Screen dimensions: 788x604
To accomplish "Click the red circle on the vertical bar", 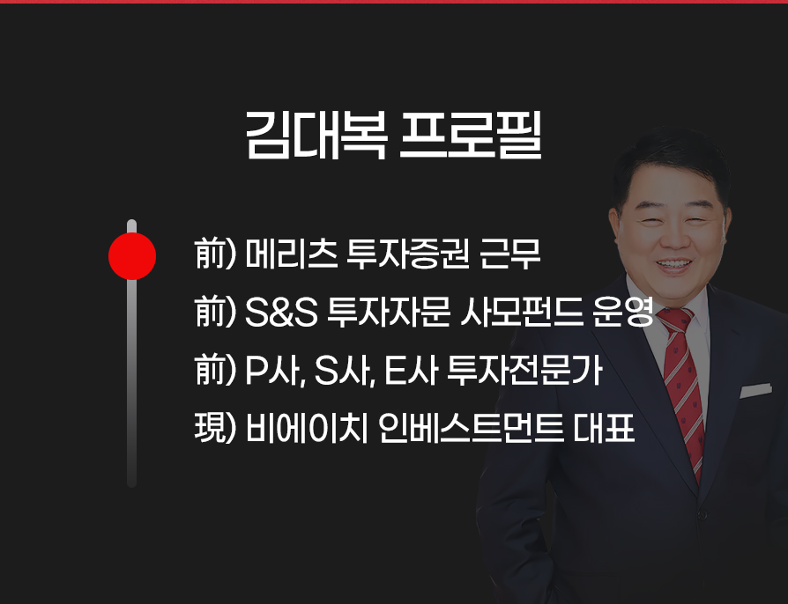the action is [x=132, y=256].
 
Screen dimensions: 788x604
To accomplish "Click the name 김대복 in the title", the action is [x=316, y=135].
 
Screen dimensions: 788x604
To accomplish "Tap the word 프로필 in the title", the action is [x=471, y=135].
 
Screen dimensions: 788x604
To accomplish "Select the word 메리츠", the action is [x=292, y=254].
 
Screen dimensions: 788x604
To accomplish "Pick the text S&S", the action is [x=281, y=313].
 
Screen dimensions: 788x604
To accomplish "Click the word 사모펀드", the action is [x=522, y=313].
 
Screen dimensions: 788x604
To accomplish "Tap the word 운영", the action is [x=623, y=313].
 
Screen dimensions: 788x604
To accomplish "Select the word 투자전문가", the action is [x=524, y=371].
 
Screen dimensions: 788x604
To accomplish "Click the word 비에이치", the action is [x=307, y=429].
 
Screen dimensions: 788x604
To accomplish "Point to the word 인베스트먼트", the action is [x=471, y=429].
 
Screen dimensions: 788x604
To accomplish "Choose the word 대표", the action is [x=603, y=429].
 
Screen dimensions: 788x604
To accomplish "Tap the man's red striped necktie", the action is [x=683, y=392].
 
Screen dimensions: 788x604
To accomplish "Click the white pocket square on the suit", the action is [x=755, y=391].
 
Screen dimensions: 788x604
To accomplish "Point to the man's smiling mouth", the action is [x=674, y=265].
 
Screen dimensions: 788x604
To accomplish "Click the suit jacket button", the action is [x=703, y=514].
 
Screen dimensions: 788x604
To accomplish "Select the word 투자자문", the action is [x=389, y=313].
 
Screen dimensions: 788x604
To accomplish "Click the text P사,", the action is [x=275, y=371].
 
